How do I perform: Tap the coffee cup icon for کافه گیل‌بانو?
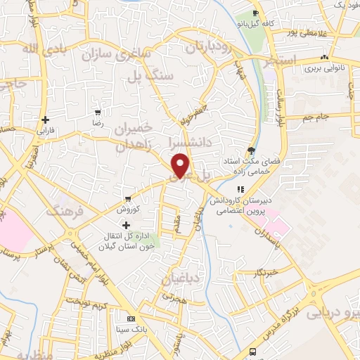point(256,13)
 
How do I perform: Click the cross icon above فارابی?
point(46,120)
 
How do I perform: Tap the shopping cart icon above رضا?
point(98,112)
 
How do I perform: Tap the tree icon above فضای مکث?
point(251,150)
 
